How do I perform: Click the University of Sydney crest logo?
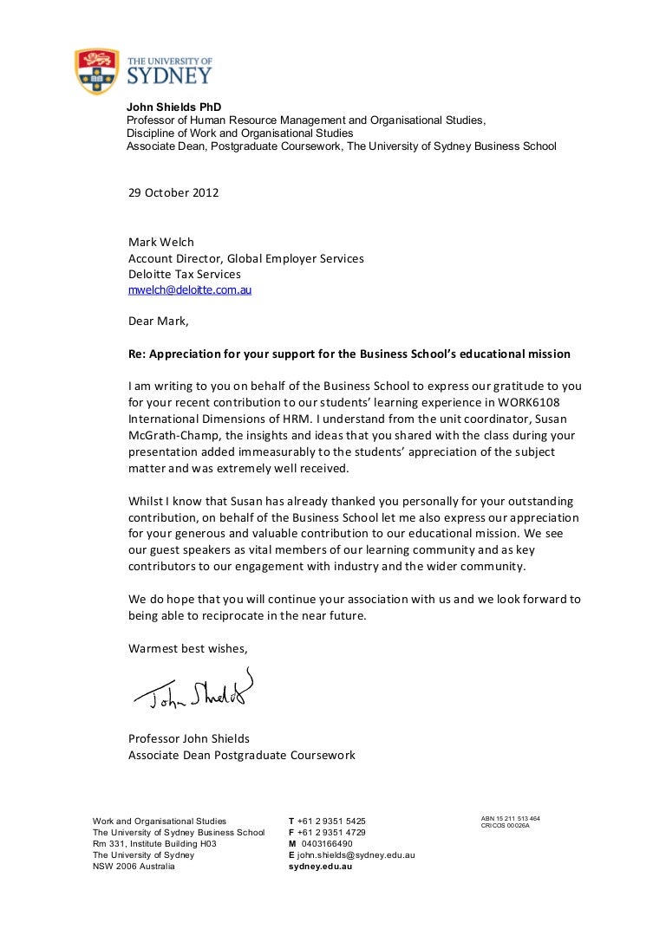tap(95, 72)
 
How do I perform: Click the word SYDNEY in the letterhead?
tap(170, 76)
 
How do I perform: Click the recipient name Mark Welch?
tap(160, 242)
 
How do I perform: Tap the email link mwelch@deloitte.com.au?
tap(190, 291)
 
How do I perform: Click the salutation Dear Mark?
tap(158, 321)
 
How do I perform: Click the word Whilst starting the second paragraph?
tap(147, 501)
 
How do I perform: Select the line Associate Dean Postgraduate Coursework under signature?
tap(242, 755)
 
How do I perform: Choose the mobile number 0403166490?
tap(326, 843)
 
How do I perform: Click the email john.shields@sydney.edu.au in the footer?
tap(356, 854)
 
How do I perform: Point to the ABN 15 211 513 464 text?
tap(511, 818)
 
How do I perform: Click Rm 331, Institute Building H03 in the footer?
tap(154, 843)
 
